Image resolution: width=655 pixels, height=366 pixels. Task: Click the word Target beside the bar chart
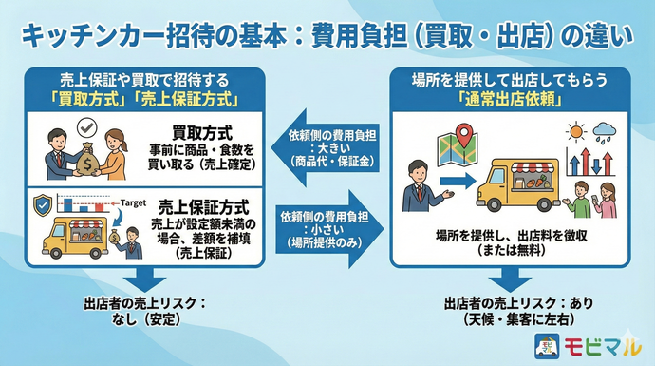pos(129,202)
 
